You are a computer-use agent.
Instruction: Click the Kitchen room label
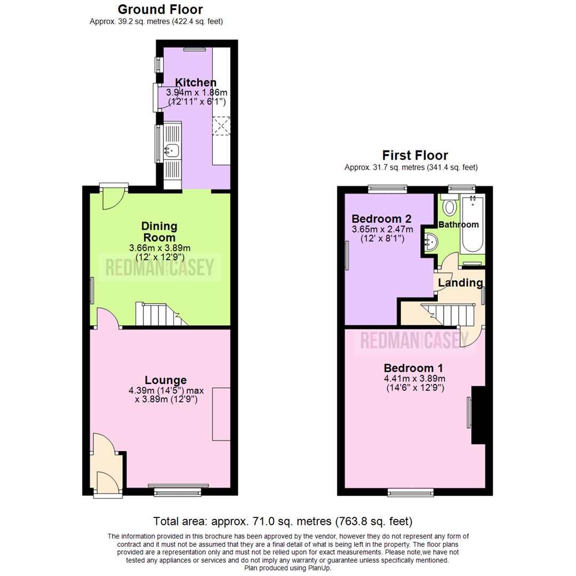(x=196, y=83)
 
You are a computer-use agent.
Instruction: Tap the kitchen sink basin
(x=173, y=150)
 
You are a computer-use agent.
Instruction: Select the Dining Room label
(x=159, y=231)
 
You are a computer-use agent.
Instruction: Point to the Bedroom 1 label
(x=413, y=368)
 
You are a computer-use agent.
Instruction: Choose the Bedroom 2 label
(x=382, y=219)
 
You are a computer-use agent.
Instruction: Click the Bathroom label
(x=459, y=225)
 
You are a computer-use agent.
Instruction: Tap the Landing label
(x=460, y=283)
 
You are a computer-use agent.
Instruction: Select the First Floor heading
(x=415, y=155)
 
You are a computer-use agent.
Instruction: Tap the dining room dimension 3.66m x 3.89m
(x=159, y=248)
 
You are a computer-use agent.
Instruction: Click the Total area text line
(x=283, y=521)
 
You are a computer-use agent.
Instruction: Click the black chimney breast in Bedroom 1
(x=479, y=415)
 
